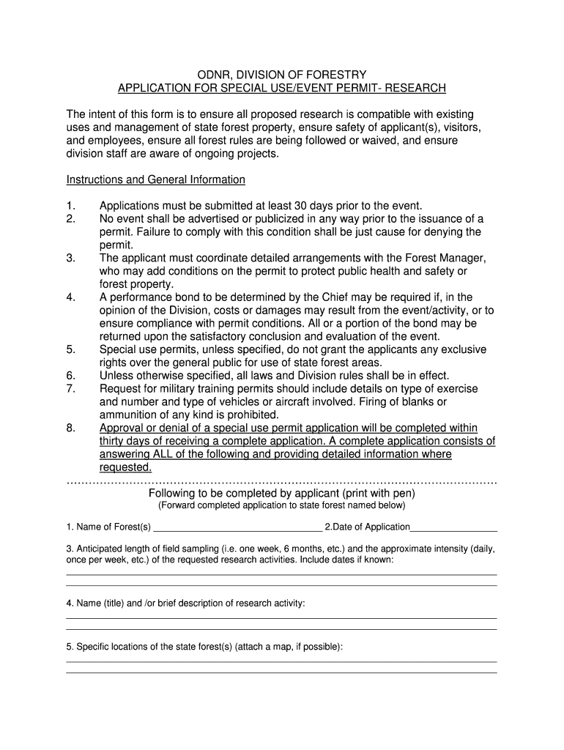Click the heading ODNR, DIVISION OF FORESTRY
(x=282, y=75)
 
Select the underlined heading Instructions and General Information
(x=155, y=179)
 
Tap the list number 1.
(x=70, y=206)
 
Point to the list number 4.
(x=70, y=297)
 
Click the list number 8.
(x=70, y=428)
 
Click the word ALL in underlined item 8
(x=166, y=454)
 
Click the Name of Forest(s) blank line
(x=238, y=527)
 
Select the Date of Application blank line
(x=453, y=527)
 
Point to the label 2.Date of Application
(x=367, y=527)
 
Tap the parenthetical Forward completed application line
(x=282, y=505)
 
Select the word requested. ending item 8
(x=125, y=467)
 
